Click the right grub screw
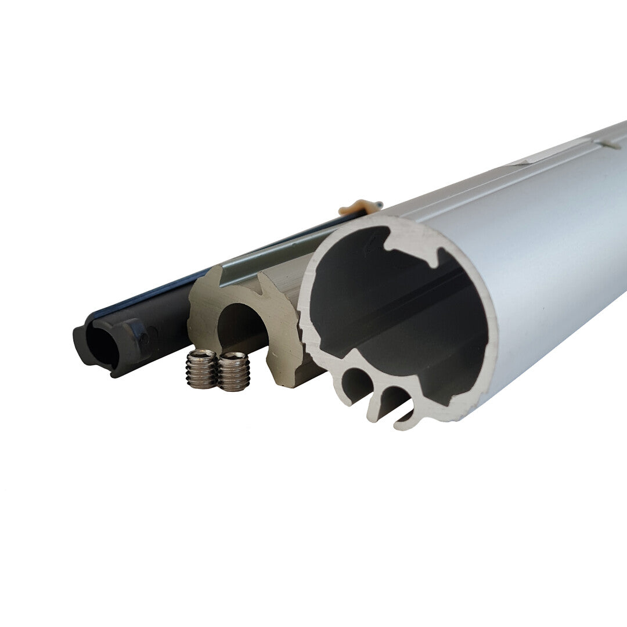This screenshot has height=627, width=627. pos(233,372)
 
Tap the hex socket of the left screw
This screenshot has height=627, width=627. pos(201,354)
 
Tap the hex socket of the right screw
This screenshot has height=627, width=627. pos(234,355)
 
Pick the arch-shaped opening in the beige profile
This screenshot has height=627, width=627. pos(243,328)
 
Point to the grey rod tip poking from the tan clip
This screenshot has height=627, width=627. pos(379,204)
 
